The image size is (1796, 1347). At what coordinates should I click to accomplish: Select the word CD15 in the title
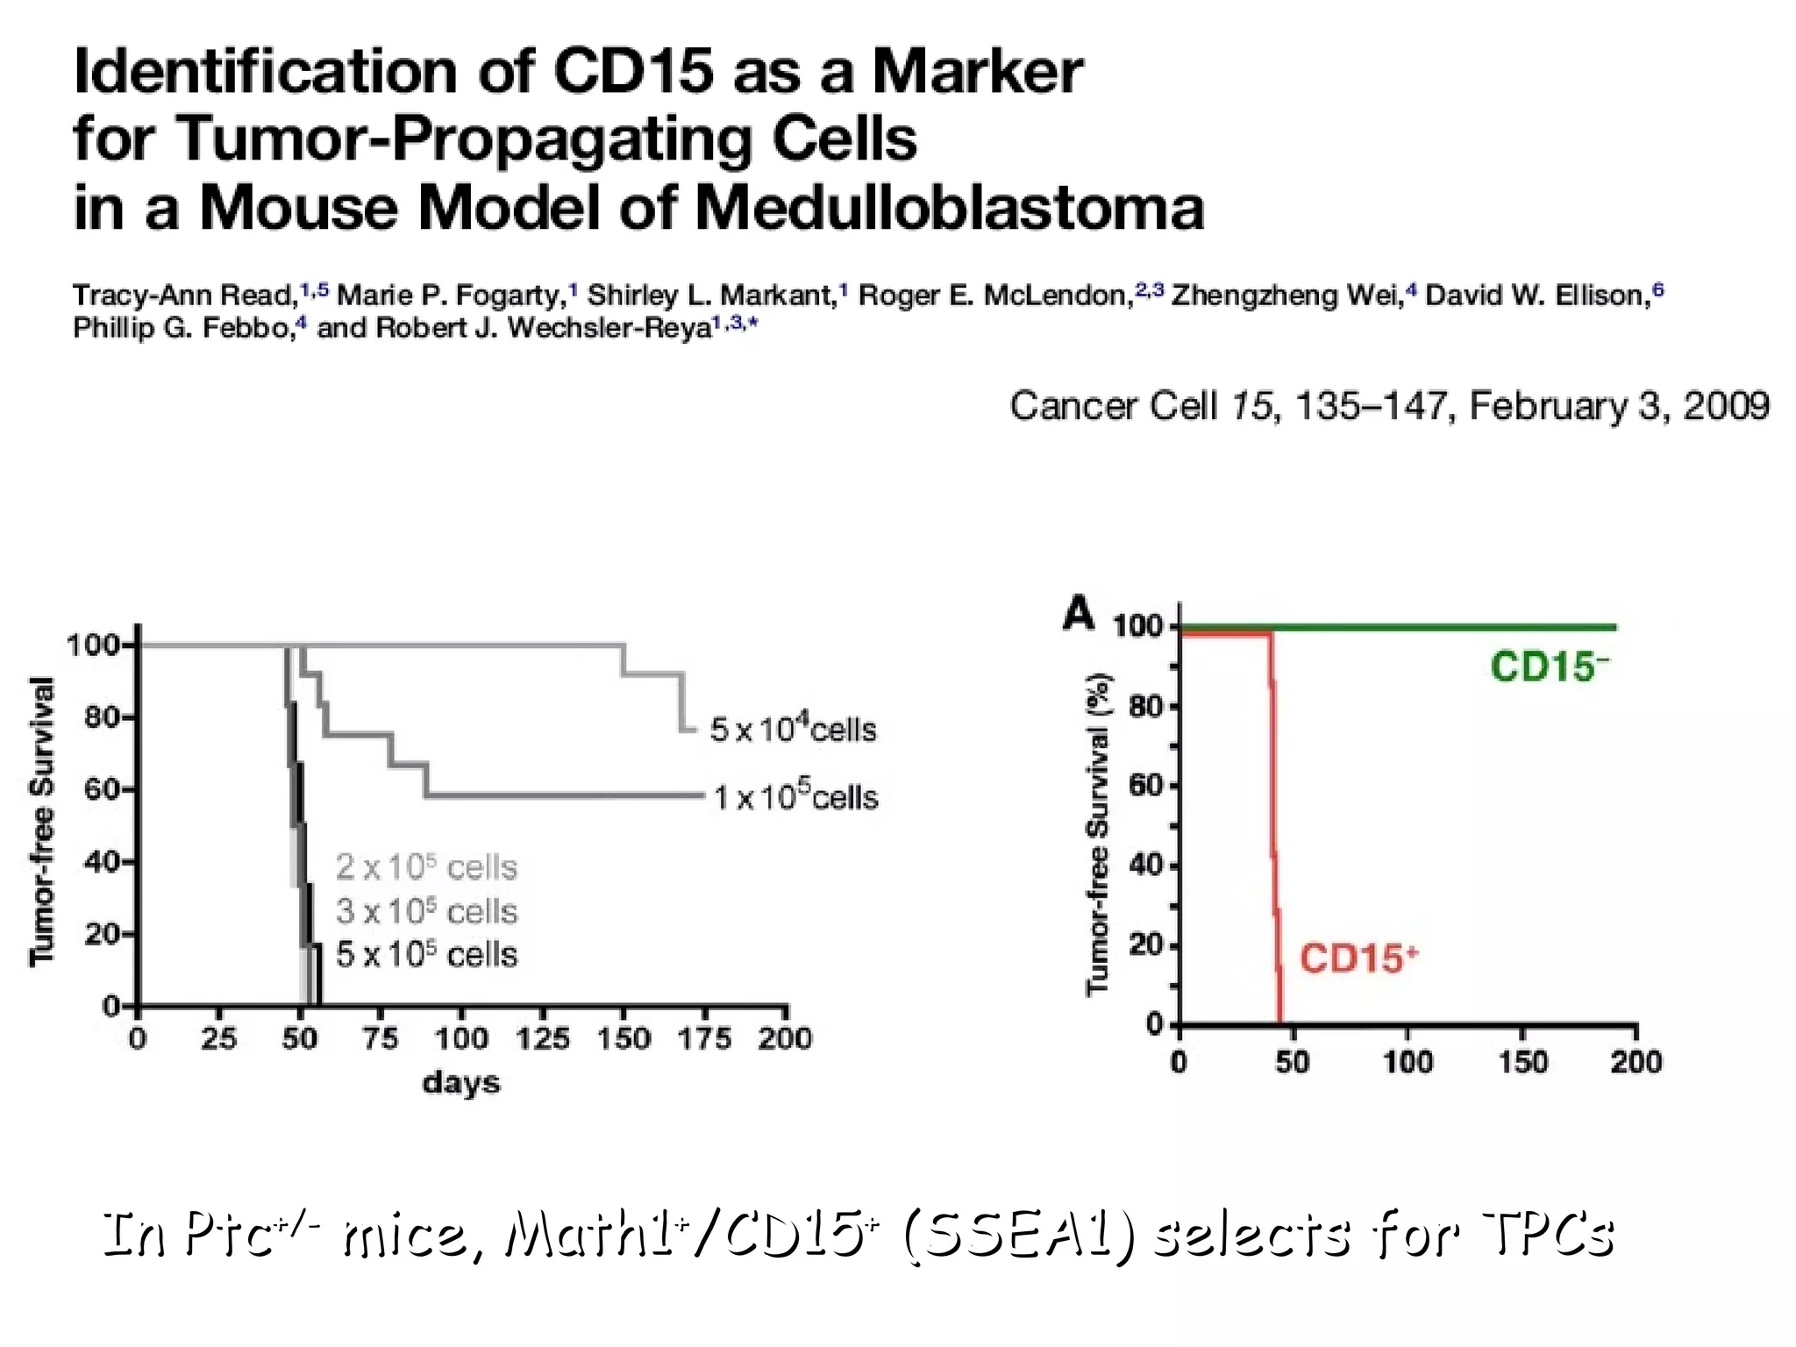coord(633,72)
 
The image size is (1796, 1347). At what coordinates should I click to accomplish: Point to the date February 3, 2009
coord(1619,406)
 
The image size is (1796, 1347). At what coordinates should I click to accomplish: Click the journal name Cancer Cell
coord(1114,406)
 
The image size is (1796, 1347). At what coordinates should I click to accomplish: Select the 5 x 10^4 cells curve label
coord(793,729)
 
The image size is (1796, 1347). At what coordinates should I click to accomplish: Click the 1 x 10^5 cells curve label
coord(795,797)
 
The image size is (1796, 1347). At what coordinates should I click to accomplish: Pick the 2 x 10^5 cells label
coord(426,867)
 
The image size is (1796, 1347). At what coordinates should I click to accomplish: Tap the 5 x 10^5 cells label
coord(426,954)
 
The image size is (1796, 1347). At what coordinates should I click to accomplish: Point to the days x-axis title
coord(461,1083)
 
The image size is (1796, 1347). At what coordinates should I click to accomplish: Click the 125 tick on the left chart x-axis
coord(542,1039)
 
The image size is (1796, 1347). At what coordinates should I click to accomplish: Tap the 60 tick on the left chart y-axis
coord(102,789)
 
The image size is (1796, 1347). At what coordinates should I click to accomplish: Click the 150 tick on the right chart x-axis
coord(1522,1062)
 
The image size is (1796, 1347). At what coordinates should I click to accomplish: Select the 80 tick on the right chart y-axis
coord(1145,706)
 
